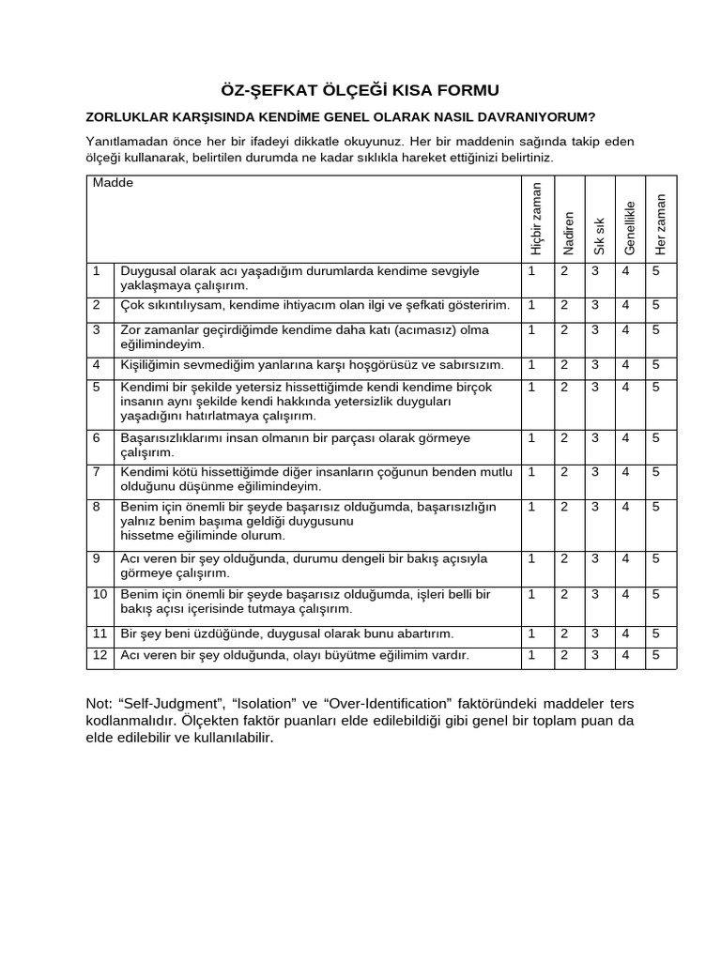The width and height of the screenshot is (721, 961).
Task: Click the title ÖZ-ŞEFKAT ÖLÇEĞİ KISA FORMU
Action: coord(360,90)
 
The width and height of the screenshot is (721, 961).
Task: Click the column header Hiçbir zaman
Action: coord(536,218)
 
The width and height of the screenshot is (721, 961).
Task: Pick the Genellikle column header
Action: coord(630,227)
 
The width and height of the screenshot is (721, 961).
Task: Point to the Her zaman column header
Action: coord(661,223)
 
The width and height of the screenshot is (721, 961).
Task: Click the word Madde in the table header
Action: coord(113,183)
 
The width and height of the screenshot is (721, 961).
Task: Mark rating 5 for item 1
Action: coord(656,271)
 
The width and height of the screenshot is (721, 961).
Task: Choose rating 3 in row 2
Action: coord(594,305)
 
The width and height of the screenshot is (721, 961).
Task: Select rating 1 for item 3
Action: coord(531,329)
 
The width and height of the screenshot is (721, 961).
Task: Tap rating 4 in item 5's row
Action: coord(625,387)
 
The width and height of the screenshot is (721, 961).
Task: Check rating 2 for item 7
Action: coord(564,471)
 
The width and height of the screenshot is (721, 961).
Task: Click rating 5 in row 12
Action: coord(656,654)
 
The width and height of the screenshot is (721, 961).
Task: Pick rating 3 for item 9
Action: coord(594,558)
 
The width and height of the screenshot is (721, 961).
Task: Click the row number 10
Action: coord(99,595)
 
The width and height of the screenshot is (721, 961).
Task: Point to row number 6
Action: coord(96,438)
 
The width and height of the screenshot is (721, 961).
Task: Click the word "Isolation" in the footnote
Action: coord(258,704)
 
